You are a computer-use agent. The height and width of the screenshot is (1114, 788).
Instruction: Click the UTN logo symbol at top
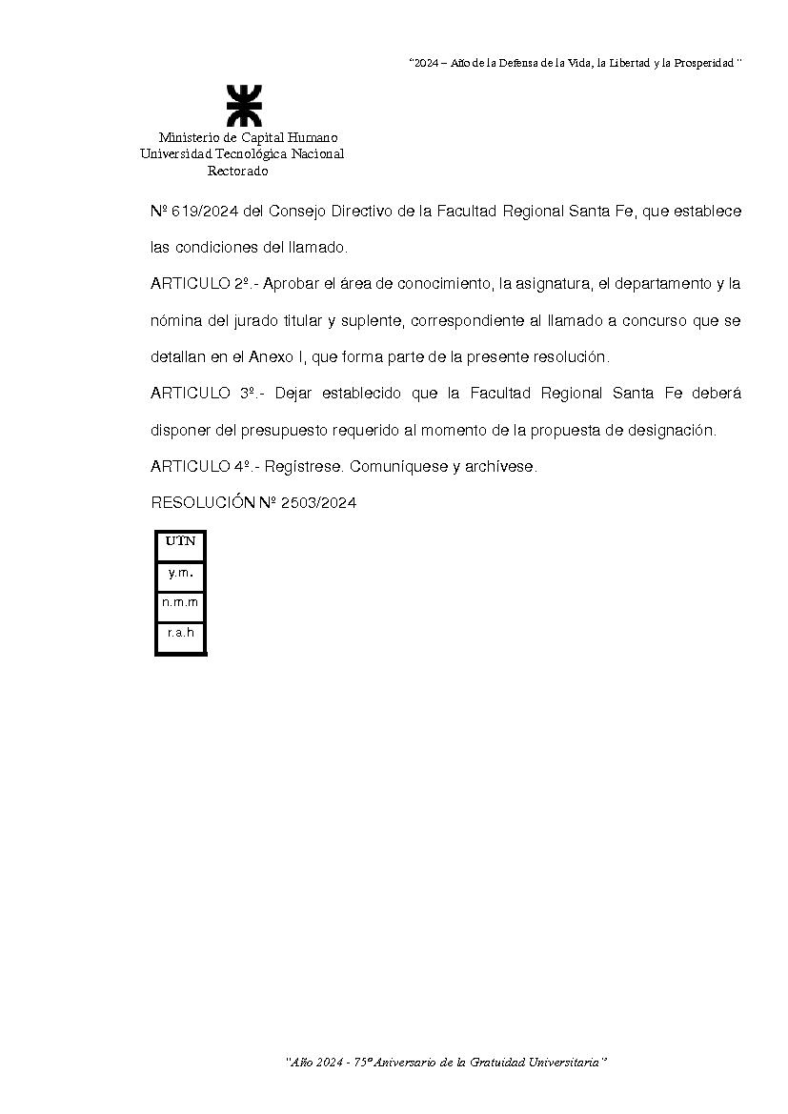coord(243,106)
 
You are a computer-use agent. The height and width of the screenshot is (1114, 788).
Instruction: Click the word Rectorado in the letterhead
coord(238,172)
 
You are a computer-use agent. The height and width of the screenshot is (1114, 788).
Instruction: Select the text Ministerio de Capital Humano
coord(248,137)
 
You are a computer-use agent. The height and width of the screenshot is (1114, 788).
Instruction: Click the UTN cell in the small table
coord(180,542)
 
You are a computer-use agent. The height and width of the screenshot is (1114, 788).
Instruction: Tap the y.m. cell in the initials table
coord(180,573)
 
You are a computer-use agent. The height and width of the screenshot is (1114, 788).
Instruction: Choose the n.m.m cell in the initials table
coord(180,602)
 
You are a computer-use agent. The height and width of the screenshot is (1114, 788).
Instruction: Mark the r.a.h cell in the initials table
coord(180,632)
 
